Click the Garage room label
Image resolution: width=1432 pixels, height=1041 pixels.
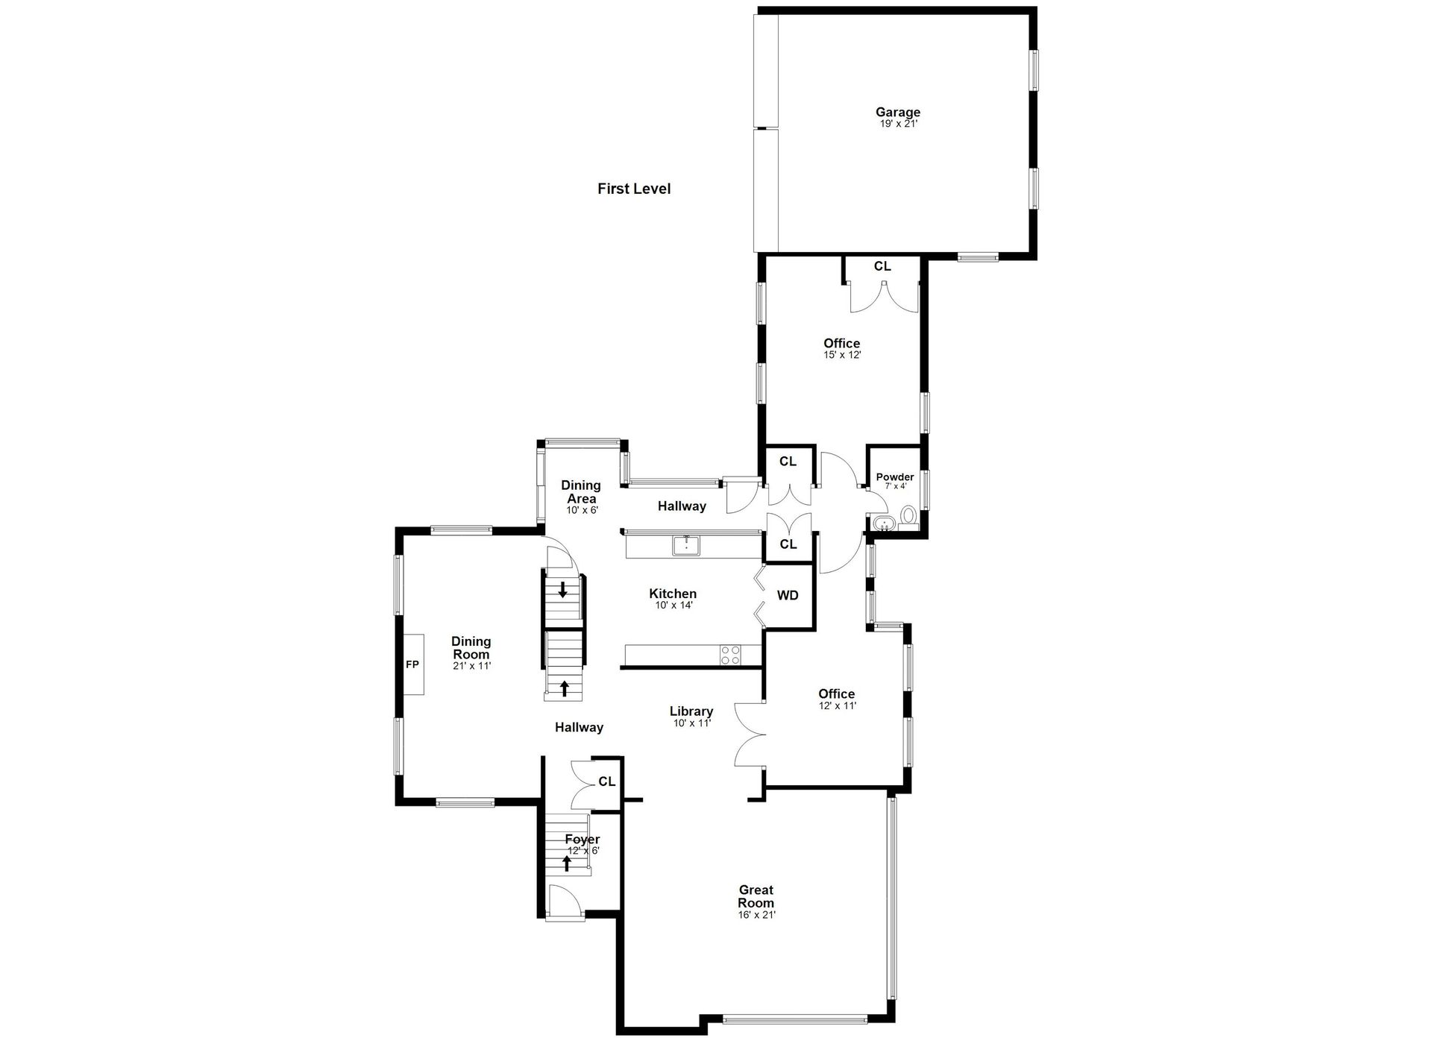point(898,113)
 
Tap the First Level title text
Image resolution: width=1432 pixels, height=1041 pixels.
point(634,189)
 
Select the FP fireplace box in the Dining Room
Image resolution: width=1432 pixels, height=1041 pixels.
point(412,664)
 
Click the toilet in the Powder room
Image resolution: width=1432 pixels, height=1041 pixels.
point(908,516)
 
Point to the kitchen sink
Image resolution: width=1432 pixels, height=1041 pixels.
point(686,546)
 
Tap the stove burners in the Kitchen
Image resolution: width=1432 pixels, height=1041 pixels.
point(731,655)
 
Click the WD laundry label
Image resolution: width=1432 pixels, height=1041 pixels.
point(788,595)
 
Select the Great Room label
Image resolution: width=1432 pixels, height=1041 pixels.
point(756,896)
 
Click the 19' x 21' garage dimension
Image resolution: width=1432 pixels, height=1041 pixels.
point(899,125)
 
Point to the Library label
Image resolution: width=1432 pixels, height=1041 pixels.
point(691,711)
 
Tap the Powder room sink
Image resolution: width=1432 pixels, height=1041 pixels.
point(882,522)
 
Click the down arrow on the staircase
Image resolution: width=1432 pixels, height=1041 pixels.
point(562,589)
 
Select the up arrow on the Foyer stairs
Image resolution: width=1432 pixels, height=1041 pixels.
point(567,864)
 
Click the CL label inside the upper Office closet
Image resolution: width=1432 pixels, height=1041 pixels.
point(882,266)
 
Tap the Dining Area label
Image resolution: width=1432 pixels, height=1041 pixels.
point(581,492)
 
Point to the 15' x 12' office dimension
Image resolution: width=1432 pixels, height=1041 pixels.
point(843,356)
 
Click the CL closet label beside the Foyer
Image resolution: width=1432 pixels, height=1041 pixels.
point(607,781)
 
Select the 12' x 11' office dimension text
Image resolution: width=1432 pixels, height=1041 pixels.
point(838,705)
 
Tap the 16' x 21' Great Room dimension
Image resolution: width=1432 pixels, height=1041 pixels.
point(757,915)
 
